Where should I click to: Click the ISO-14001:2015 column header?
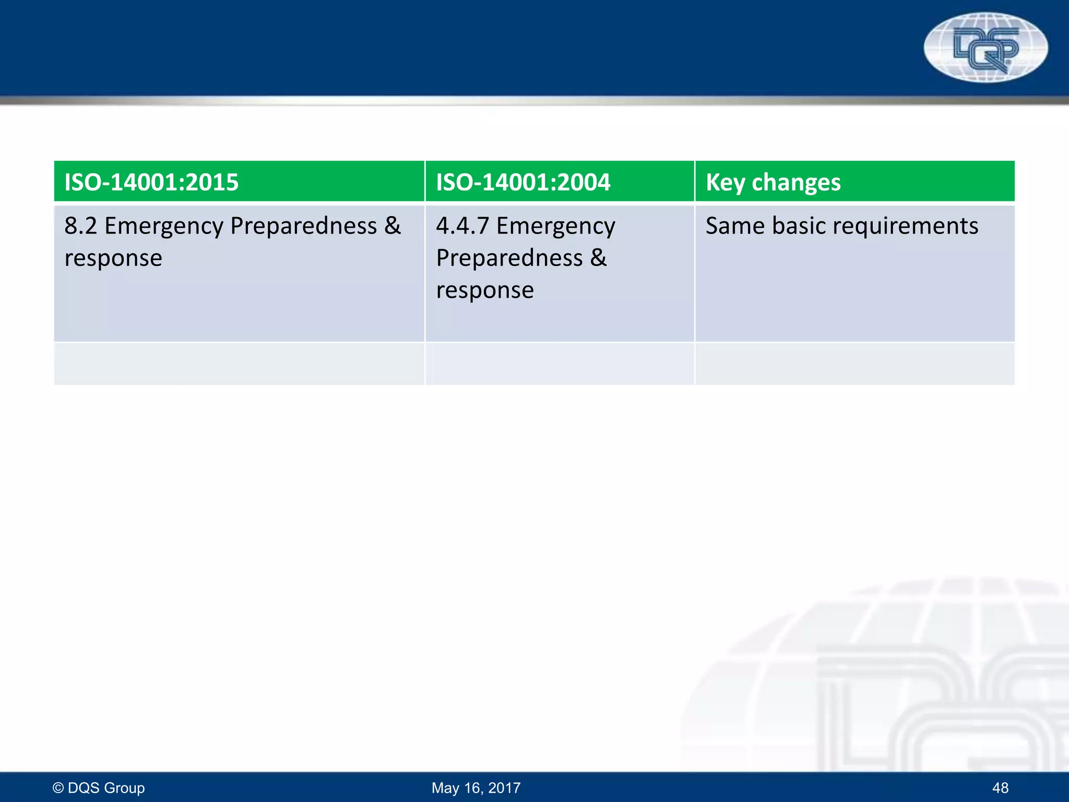tap(151, 182)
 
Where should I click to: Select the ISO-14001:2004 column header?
tap(523, 182)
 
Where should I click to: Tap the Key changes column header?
tap(773, 182)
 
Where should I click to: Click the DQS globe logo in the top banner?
tap(985, 48)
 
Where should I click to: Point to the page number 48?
tap(1000, 788)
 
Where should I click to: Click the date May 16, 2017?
tap(476, 788)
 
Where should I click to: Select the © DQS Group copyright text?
tap(99, 788)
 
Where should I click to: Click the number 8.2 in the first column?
tap(80, 226)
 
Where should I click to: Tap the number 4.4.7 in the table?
tap(462, 226)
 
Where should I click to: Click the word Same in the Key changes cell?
tap(734, 226)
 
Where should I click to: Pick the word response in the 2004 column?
tap(485, 291)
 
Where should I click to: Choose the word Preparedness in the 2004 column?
tap(509, 258)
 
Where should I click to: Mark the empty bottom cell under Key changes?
tap(854, 364)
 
